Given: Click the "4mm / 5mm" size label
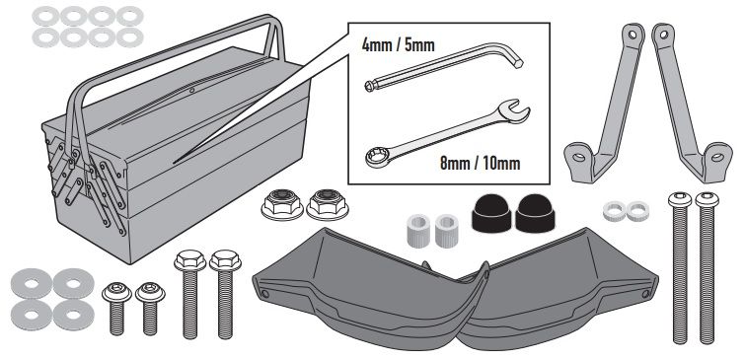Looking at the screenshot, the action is click(399, 45).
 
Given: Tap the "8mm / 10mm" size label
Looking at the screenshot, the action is click(480, 164).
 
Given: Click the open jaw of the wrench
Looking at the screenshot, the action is click(517, 110).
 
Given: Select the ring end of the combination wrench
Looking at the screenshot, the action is click(378, 157).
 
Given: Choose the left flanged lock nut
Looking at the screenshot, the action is click(282, 204).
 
